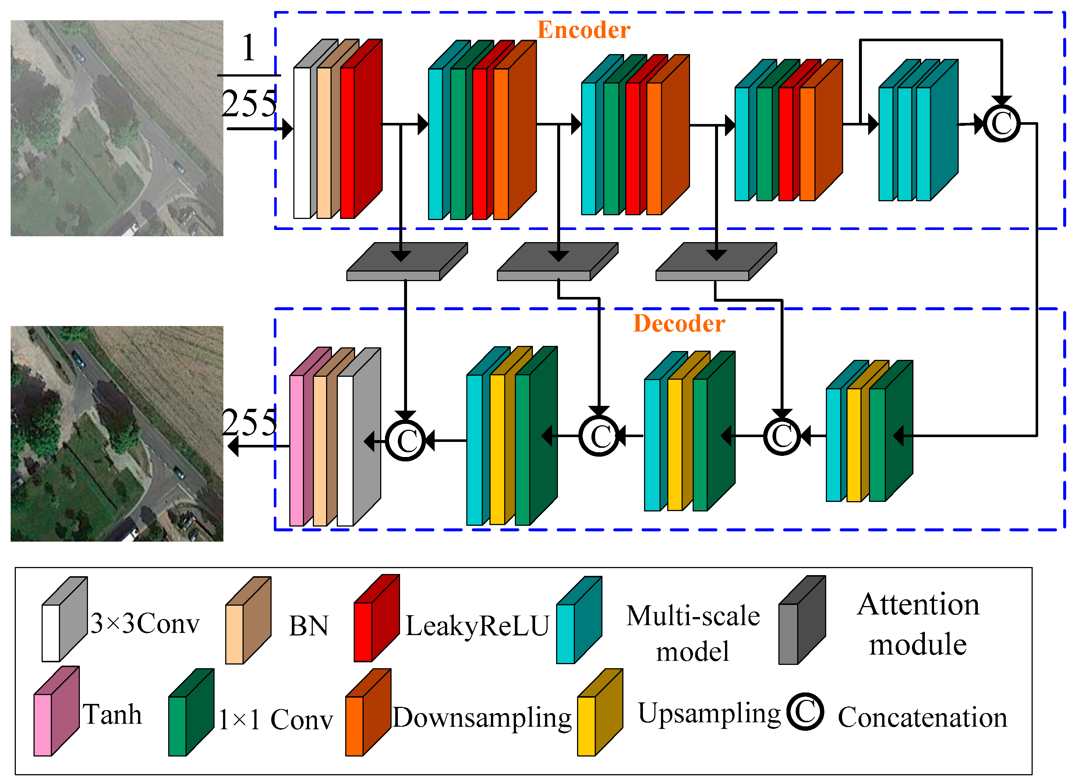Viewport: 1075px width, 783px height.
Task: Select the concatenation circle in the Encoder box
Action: pos(1001,124)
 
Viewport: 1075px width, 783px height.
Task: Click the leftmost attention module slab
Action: pos(406,262)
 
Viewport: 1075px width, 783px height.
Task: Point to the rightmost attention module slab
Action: pos(716,262)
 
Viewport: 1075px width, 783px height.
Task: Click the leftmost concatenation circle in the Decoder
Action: pos(406,440)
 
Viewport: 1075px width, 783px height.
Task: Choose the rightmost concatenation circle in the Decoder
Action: pos(782,436)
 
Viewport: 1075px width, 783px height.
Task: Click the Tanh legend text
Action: pos(112,715)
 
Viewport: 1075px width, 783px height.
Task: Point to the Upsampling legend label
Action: pos(708,714)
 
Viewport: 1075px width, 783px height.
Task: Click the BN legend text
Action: pos(308,626)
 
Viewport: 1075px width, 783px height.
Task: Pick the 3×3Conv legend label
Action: pos(145,623)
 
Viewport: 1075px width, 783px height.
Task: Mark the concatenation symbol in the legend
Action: pos(805,712)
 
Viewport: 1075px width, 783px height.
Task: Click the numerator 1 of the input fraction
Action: pos(249,48)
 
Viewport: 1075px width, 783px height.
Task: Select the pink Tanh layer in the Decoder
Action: pos(297,450)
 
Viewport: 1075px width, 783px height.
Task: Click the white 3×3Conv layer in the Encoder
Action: pos(302,142)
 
